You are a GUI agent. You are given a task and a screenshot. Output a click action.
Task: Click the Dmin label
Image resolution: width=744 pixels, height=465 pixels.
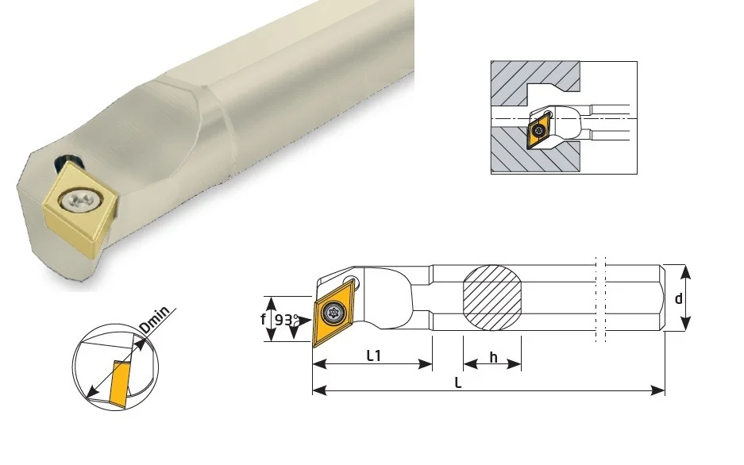tap(155, 320)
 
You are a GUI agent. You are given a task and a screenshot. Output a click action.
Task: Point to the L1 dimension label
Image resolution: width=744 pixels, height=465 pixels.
tap(374, 355)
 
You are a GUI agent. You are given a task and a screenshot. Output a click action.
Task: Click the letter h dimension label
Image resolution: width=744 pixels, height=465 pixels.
tap(493, 357)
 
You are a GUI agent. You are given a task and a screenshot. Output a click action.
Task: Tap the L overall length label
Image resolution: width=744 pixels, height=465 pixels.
tap(458, 382)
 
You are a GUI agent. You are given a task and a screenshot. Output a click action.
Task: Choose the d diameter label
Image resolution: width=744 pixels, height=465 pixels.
tap(679, 298)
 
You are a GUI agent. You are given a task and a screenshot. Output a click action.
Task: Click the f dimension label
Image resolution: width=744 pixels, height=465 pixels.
tap(263, 319)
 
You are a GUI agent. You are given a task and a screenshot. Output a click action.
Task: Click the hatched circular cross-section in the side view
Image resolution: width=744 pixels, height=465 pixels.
tap(492, 296)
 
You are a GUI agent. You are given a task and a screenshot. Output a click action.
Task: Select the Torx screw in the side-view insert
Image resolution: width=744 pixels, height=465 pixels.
tap(332, 313)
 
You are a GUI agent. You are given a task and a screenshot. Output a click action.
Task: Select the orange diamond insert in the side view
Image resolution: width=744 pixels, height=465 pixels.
tap(332, 313)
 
